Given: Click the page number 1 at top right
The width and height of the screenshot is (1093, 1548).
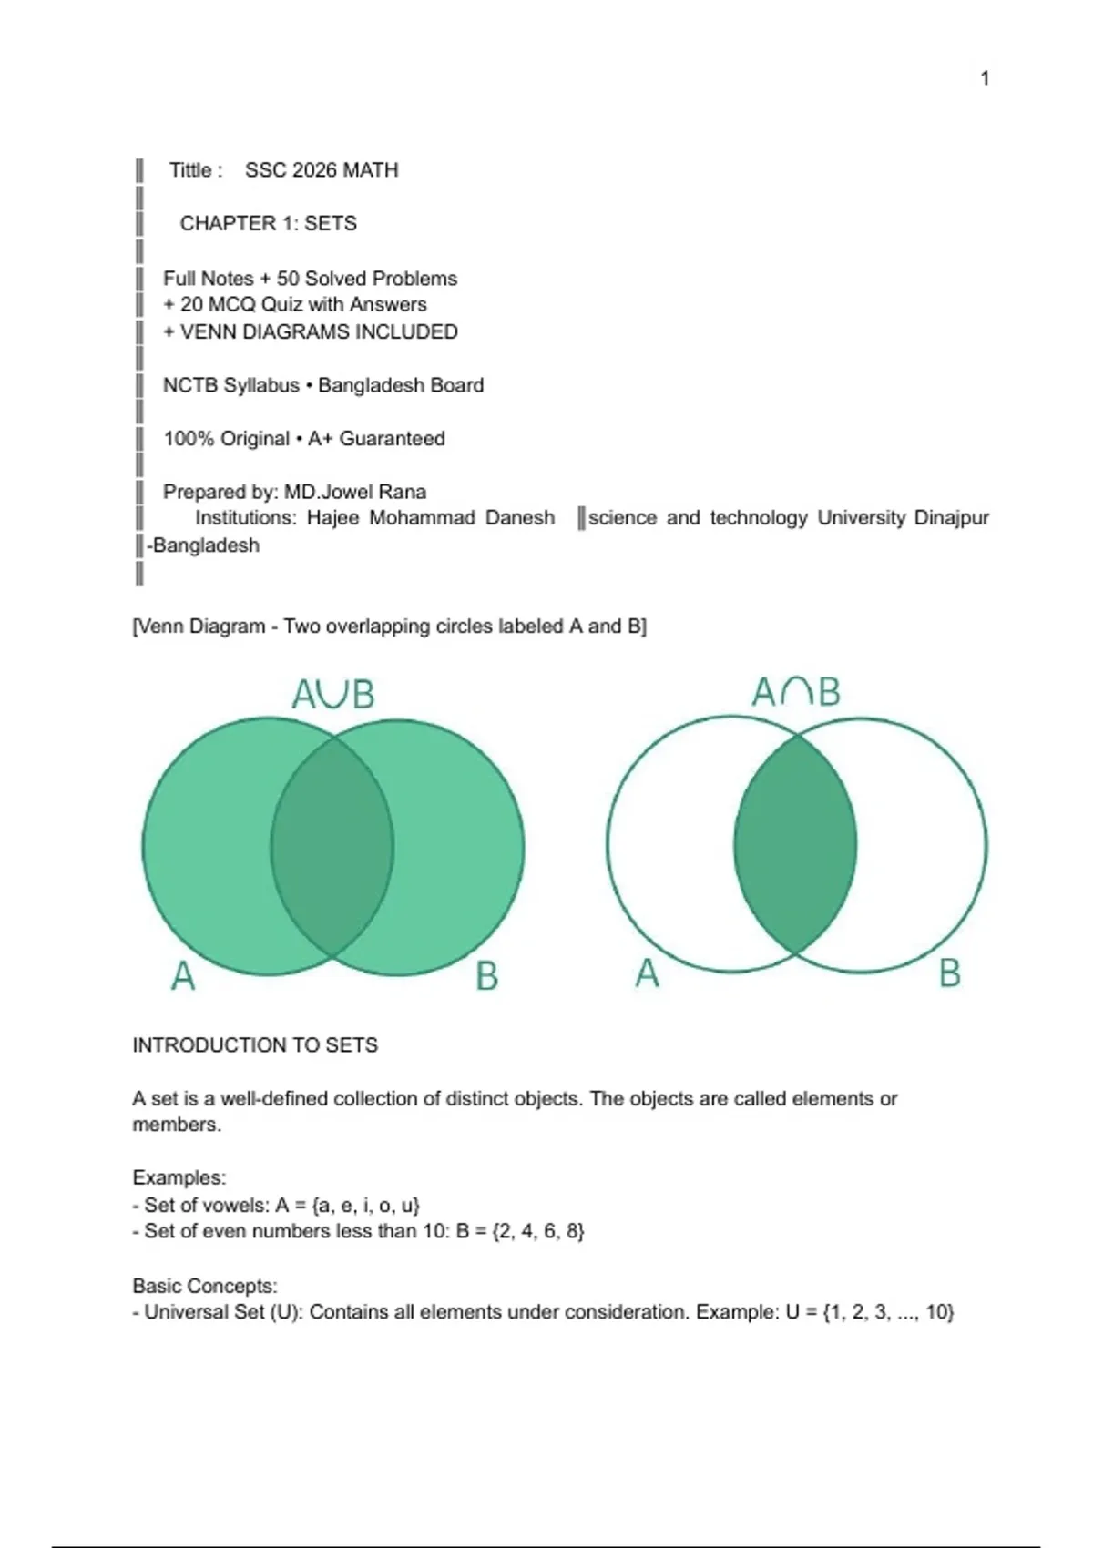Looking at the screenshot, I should pos(985,78).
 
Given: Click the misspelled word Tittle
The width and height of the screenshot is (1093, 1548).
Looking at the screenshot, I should pos(190,170).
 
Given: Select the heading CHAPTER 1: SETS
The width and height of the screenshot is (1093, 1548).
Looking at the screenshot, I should pos(268,223).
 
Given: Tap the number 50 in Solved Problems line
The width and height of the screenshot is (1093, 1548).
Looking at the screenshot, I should pos(288,279).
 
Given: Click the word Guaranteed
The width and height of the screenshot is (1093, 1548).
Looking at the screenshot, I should pos(392,439).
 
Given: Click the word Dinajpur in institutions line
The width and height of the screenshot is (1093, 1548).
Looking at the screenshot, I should pos(951,518).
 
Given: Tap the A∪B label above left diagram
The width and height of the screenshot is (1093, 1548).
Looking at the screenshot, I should pos(332,695).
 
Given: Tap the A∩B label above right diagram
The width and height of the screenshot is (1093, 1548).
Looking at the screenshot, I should pos(795,692).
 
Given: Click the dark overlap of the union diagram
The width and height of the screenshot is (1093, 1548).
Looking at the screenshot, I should pos(332,847).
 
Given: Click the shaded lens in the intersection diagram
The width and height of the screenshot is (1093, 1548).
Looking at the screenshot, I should pos(795,845).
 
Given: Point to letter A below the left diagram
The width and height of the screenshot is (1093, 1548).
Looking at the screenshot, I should pos(183,976).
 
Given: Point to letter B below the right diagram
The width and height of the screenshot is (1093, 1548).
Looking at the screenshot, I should pos(949,973).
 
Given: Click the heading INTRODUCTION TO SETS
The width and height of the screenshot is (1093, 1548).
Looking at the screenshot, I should pos(255,1045).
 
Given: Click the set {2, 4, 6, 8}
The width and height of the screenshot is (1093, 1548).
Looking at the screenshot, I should pos(537,1231).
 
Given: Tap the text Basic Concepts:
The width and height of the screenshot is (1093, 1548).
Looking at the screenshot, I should pos(205,1286).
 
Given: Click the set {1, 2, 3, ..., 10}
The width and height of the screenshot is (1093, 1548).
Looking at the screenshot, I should pos(887,1312).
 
